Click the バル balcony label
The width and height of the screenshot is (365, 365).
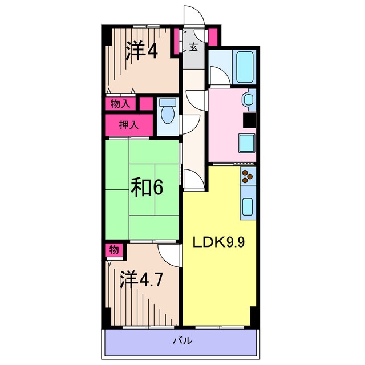[182, 341]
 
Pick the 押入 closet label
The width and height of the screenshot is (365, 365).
[128, 124]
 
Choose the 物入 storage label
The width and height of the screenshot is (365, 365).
[120, 104]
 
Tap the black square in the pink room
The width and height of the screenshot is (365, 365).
[249, 120]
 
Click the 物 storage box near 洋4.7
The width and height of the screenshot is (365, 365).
[113, 249]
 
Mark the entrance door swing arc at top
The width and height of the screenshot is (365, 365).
[191, 16]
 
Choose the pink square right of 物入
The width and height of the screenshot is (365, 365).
[146, 104]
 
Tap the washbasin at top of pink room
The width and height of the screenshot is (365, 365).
[249, 99]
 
